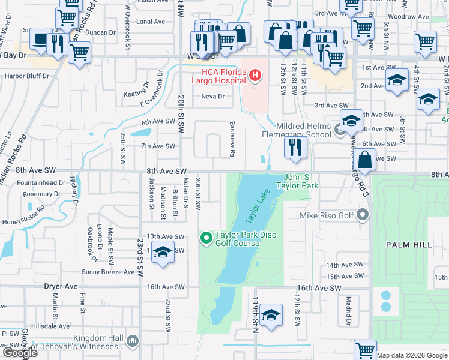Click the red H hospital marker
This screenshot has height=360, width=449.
click(255, 75)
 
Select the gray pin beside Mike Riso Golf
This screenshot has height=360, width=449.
click(363, 214)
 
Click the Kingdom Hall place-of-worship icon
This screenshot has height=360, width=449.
click(133, 341)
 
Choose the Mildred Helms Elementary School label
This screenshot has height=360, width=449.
click(296, 130)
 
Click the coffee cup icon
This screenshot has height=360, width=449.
click(41, 40)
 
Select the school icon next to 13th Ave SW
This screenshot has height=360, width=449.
click(162, 252)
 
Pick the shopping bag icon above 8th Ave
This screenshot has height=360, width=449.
click(364, 160)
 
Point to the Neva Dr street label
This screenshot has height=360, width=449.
click(212, 96)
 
